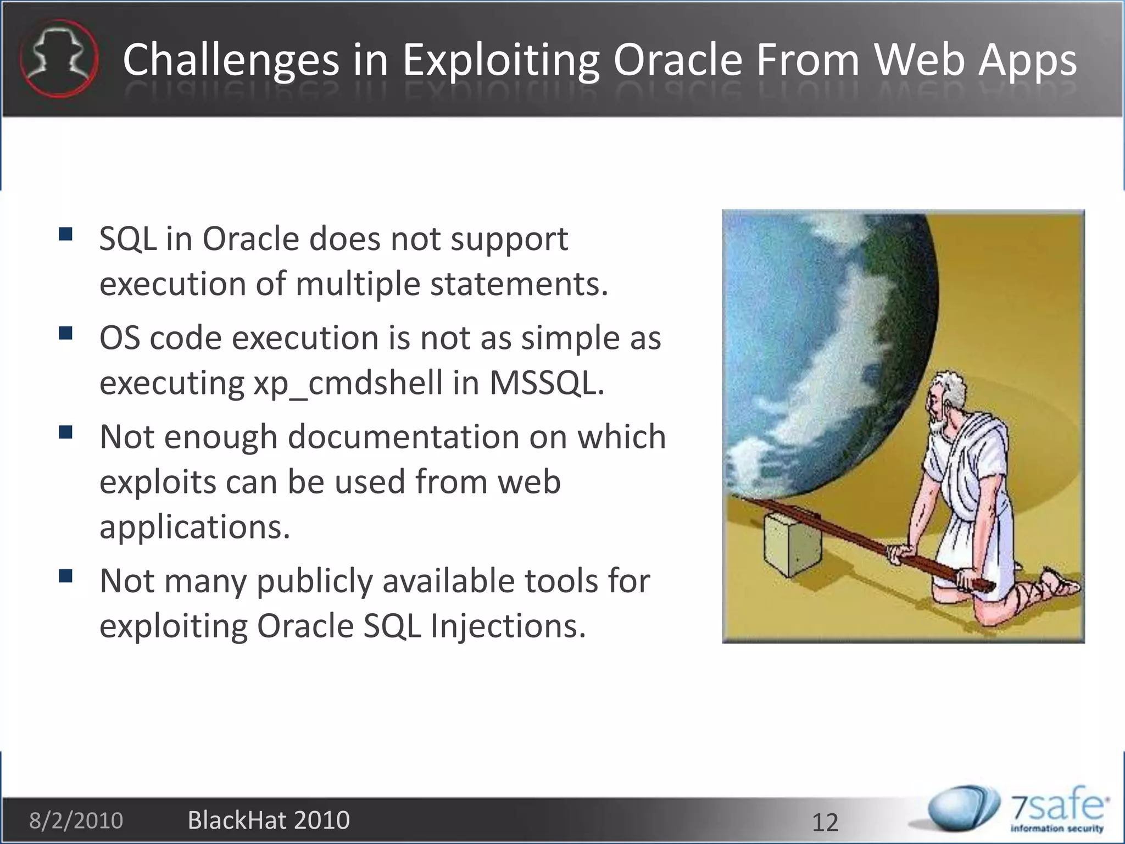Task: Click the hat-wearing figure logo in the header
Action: tap(59, 58)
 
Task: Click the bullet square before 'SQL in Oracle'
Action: tap(66, 235)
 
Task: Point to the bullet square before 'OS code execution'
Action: tap(66, 334)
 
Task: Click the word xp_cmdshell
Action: tap(348, 382)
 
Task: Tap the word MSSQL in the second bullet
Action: tap(547, 382)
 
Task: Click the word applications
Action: tap(194, 527)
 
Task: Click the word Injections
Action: tap(508, 626)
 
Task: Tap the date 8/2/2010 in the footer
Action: tap(76, 820)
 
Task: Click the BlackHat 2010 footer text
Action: tap(269, 820)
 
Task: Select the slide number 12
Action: tap(825, 823)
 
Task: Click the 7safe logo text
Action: tap(1057, 808)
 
